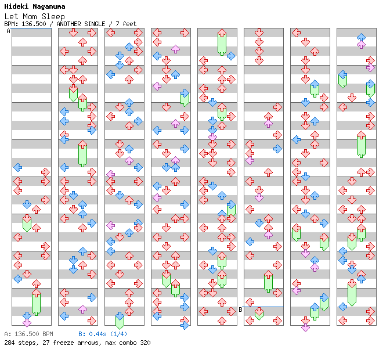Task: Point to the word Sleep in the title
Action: pos(54,16)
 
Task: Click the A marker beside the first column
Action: pos(8,31)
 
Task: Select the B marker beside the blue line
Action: pos(240,309)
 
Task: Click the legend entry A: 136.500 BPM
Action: pos(28,334)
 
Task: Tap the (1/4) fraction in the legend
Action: pos(118,334)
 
